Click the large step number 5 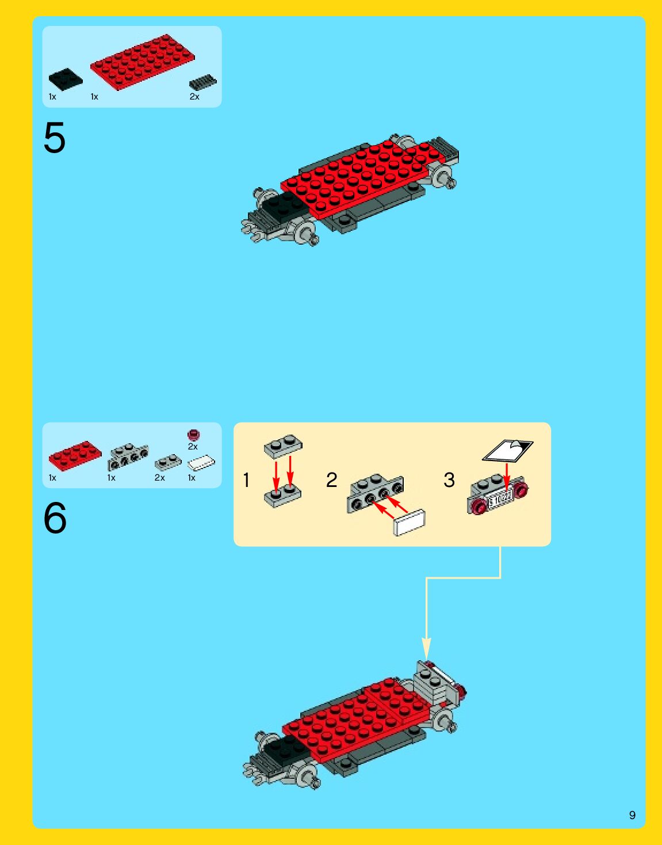[x=55, y=138]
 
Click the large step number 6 [x=55, y=518]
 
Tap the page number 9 [x=632, y=815]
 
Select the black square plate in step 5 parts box [x=65, y=79]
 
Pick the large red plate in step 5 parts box [x=142, y=62]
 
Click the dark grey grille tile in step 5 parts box [x=203, y=82]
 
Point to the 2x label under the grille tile [x=194, y=97]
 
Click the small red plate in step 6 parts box [x=75, y=455]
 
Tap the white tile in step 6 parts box [x=201, y=463]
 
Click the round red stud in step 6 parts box [x=193, y=435]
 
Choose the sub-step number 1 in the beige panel [x=246, y=480]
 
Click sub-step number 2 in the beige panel [x=331, y=480]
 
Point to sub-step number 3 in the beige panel [x=449, y=480]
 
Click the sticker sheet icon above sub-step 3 [x=507, y=451]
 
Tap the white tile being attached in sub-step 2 [x=410, y=522]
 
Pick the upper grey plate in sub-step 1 [x=283, y=446]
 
